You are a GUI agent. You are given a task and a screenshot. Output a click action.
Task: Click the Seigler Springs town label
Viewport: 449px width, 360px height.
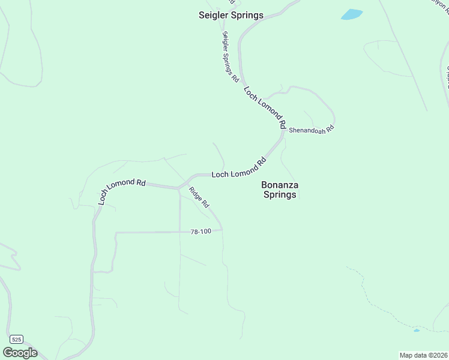231,15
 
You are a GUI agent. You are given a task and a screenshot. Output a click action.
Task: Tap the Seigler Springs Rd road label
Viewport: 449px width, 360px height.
231,57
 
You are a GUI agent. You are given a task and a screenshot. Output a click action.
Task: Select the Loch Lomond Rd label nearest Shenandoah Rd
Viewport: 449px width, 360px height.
265,108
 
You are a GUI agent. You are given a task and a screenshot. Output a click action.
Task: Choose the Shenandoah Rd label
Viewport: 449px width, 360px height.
311,130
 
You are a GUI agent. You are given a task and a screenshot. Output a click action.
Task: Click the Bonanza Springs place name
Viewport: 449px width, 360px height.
280,190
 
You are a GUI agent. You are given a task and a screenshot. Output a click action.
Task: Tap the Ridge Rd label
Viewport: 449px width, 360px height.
199,197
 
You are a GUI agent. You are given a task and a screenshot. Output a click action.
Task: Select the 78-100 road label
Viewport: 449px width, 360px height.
200,232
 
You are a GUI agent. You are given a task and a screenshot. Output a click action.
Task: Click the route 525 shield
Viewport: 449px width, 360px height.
17,340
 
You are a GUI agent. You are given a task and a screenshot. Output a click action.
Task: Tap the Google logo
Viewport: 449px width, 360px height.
20,353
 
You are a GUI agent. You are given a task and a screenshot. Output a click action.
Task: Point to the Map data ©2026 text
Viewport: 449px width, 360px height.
423,355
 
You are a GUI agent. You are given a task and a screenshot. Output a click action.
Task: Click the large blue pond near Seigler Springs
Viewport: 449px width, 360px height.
352,14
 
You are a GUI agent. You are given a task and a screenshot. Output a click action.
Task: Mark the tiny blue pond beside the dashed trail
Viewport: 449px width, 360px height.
417,331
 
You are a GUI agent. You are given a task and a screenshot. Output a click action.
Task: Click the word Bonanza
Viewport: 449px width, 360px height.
280,185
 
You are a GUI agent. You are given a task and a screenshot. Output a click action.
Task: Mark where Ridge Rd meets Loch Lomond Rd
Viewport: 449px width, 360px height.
179,188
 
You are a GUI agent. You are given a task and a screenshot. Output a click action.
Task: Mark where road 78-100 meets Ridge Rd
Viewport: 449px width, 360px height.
222,230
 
